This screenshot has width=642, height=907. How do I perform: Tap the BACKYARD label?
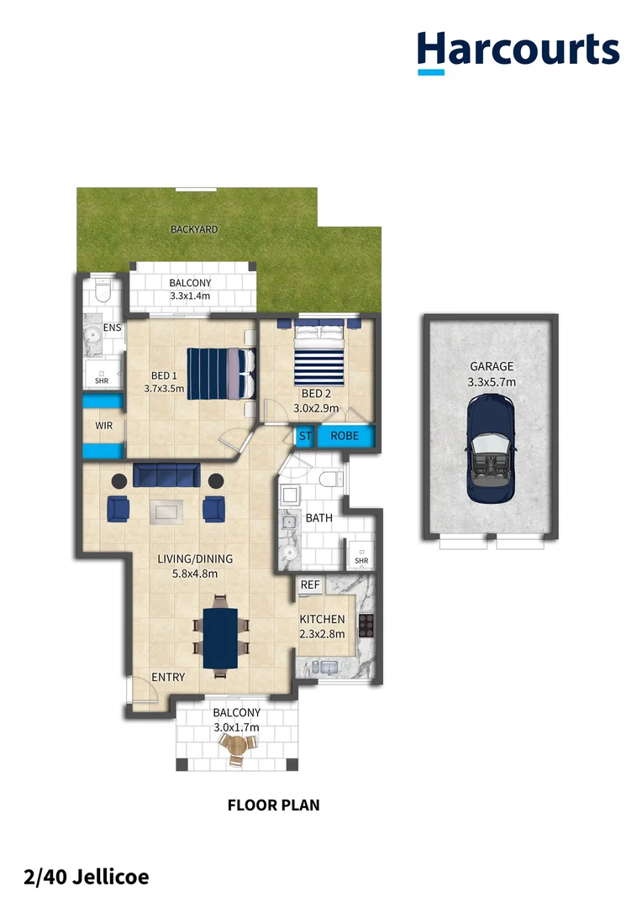pyautogui.click(x=194, y=229)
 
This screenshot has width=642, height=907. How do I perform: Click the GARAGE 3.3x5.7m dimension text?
pyautogui.click(x=492, y=382)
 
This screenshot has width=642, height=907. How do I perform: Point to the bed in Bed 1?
pyautogui.click(x=221, y=374)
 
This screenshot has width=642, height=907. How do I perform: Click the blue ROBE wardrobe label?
pyautogui.click(x=345, y=437)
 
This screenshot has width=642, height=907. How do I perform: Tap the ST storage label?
pyautogui.click(x=304, y=437)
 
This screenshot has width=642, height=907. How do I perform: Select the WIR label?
pyautogui.click(x=103, y=426)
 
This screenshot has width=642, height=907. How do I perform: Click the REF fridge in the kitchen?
pyautogui.click(x=310, y=585)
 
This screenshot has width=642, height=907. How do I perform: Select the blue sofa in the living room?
pyautogui.click(x=165, y=475)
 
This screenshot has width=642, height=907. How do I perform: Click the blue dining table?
pyautogui.click(x=221, y=636)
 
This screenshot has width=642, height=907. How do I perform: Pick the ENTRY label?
pyautogui.click(x=168, y=678)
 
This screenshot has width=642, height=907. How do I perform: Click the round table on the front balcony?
pyautogui.click(x=239, y=746)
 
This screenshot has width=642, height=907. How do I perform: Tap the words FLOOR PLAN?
pyautogui.click(x=273, y=805)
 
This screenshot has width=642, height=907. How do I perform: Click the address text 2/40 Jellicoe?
pyautogui.click(x=87, y=878)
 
